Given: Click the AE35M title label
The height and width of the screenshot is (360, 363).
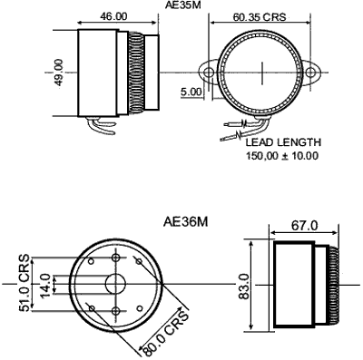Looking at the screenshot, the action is coord(182,5).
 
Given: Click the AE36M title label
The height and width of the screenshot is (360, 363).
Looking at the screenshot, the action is coord(186,222).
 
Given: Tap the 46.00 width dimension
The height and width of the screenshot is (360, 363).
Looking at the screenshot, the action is coord(113,16).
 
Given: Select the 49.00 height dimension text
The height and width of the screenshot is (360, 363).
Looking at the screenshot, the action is coord(59,73).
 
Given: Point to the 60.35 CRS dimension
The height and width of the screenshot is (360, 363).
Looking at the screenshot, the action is coord(260,17).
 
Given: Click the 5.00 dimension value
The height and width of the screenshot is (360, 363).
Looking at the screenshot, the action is coord(191,92).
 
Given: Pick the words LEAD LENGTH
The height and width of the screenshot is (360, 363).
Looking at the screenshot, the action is coord(283,142).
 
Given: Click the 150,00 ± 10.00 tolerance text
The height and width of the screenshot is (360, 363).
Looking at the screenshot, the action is coord(282,156).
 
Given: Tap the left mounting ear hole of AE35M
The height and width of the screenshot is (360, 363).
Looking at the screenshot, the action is coord(209,73).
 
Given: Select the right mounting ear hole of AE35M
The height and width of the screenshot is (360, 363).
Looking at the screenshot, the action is coord(310,73).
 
